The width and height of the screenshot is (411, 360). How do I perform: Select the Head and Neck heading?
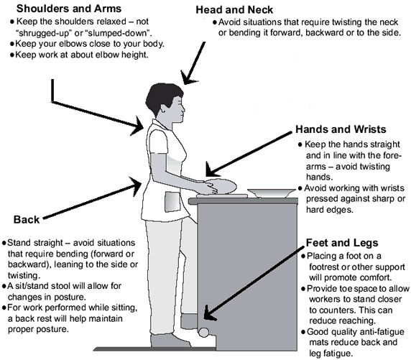243,9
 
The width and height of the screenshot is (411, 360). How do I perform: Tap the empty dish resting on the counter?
267,193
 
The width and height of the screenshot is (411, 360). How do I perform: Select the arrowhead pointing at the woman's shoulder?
142,129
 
